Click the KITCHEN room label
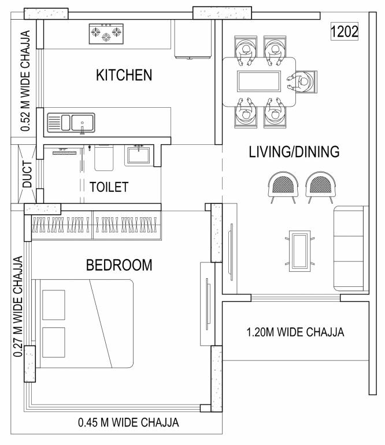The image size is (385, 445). point(124,75)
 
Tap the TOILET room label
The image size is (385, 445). point(109,187)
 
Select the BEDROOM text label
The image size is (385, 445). point(119,265)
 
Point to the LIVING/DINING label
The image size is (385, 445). point(294,152)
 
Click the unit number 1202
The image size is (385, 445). point(345,31)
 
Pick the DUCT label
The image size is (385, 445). point(27,174)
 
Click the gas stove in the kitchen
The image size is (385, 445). point(106,34)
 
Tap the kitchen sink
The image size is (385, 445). point(71,123)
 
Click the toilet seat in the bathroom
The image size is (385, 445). point(103,158)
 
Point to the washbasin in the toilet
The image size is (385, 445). point(138,155)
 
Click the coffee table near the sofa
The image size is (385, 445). point(300,251)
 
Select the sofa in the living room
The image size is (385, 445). point(351,249)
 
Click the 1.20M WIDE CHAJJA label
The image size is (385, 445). point(295,332)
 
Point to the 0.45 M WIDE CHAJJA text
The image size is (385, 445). point(128,422)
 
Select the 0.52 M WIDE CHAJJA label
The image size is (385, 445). point(25,81)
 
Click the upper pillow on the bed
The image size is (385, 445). point(54,305)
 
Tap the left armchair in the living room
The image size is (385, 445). point(283,187)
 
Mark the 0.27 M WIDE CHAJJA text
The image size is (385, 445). point(18,307)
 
